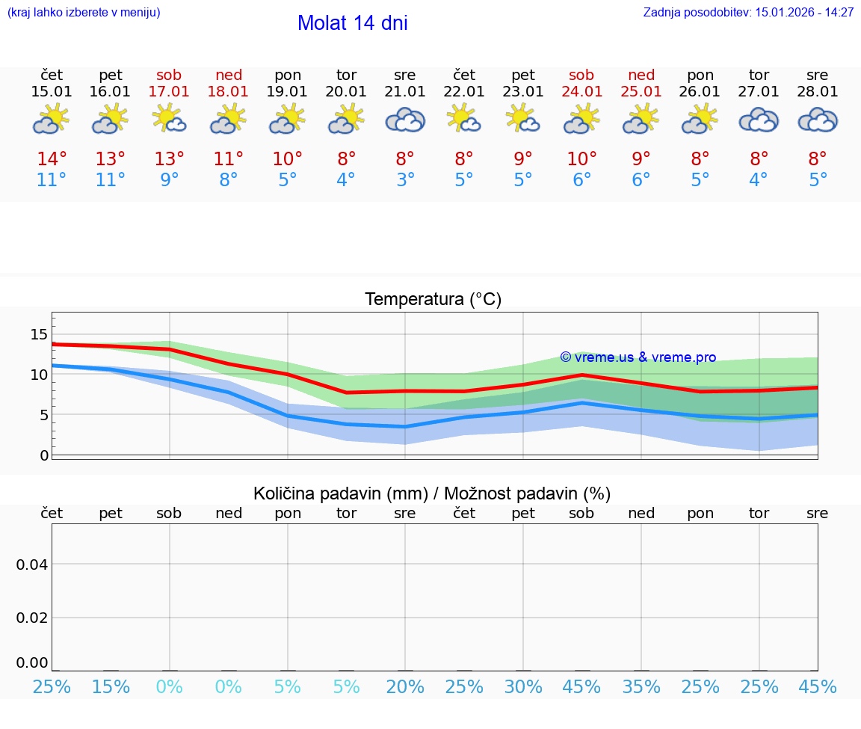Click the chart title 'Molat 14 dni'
352,23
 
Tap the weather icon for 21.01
405,120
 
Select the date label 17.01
170,92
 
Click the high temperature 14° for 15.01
52,159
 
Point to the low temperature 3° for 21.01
405,180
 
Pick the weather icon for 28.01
818,120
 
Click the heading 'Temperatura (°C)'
433,300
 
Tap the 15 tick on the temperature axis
39,334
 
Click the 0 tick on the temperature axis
43,455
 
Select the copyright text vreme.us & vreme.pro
638,357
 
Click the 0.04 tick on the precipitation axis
32,565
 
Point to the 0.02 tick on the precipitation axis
32,618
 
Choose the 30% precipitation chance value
523,686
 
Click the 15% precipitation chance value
111,686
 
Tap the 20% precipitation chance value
405,686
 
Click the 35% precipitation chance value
641,686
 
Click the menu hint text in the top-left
83,13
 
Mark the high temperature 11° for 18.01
229,159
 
